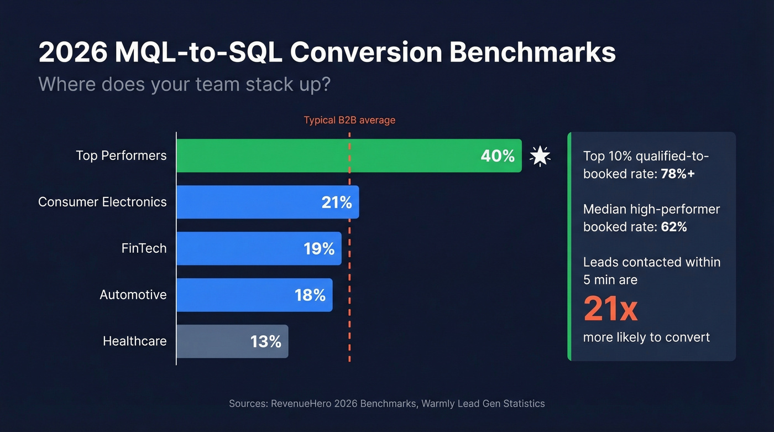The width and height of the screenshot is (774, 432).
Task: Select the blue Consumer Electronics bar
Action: pyautogui.click(x=249, y=202)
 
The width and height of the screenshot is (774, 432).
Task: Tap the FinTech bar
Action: pyautogui.click(x=238, y=248)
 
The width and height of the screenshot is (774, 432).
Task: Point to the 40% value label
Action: pyautogui.click(x=498, y=156)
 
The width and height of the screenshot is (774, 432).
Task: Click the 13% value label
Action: pyautogui.click(x=266, y=342)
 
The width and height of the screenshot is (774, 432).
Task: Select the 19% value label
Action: pyautogui.click(x=319, y=249)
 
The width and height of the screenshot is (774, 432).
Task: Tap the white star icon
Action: pyautogui.click(x=540, y=156)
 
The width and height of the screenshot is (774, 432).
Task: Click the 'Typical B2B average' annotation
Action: pyautogui.click(x=349, y=120)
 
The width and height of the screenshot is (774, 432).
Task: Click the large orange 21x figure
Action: pyautogui.click(x=610, y=309)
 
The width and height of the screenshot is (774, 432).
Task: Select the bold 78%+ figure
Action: pyautogui.click(x=678, y=174)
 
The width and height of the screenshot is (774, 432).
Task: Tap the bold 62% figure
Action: pyautogui.click(x=674, y=227)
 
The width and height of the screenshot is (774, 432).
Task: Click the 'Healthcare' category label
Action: pyautogui.click(x=134, y=341)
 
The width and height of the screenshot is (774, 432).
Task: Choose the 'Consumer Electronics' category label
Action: pyautogui.click(x=102, y=202)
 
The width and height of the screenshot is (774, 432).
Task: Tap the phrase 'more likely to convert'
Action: pyautogui.click(x=646, y=337)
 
